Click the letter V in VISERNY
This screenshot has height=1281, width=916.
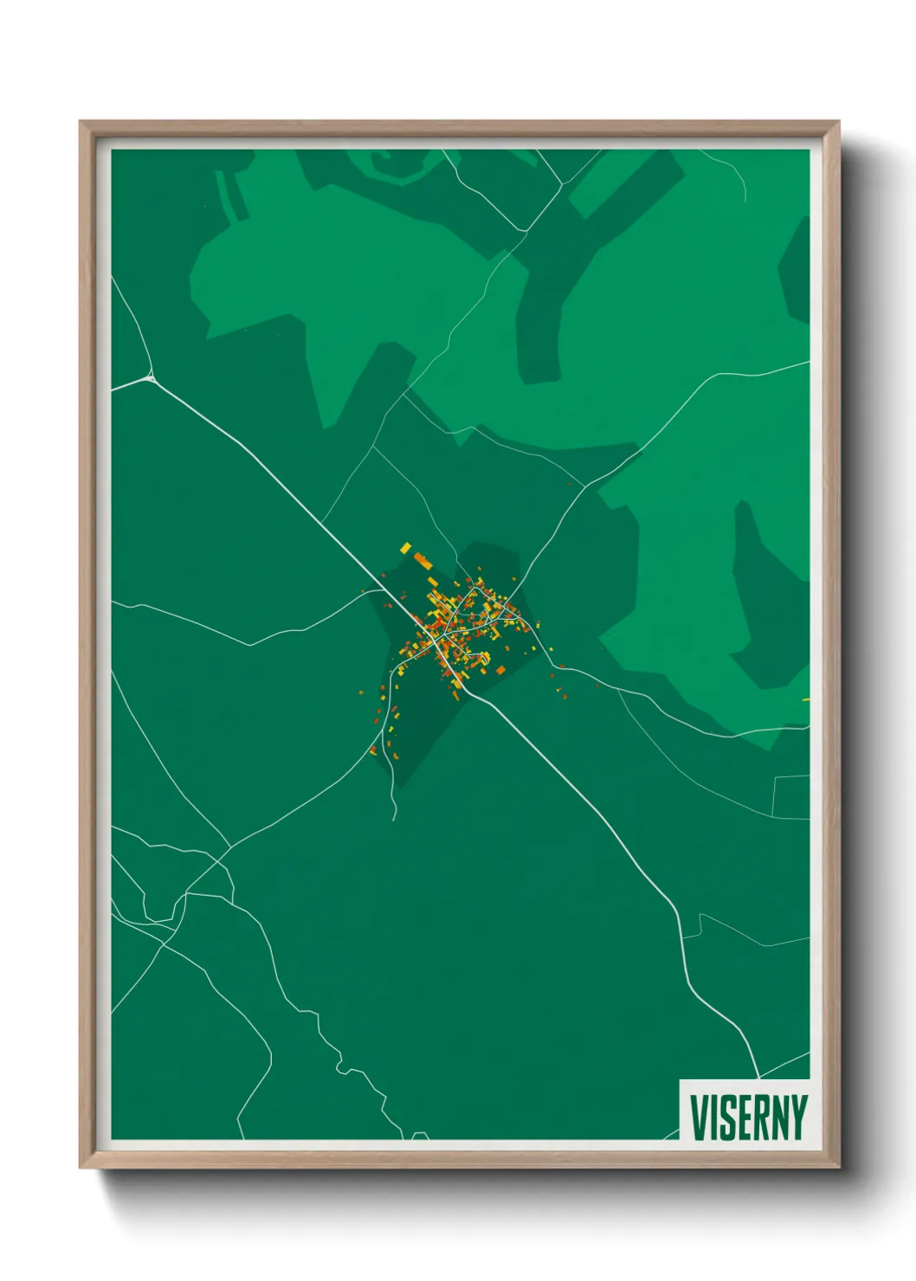[x=700, y=1117]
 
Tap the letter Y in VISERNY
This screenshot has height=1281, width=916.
[x=799, y=1117]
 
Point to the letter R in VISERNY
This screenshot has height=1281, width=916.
[x=764, y=1117]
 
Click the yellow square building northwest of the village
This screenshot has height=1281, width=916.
[x=405, y=548]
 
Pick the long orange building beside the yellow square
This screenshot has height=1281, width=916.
[x=423, y=561]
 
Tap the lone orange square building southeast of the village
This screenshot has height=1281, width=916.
[x=500, y=669]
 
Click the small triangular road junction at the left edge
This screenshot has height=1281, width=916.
[x=151, y=377]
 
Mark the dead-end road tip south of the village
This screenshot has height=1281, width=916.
[x=395, y=818]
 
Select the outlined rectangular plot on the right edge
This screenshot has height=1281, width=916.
[x=791, y=797]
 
